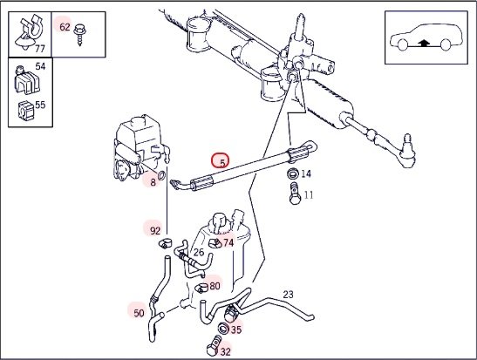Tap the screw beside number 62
[x=80, y=34]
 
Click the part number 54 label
[x=40, y=66]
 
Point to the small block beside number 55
[x=25, y=111]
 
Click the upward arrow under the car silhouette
[x=424, y=43]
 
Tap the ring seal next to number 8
[x=162, y=175]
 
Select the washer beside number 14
[x=293, y=174]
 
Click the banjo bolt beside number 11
[x=295, y=194]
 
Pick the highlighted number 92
[x=155, y=231]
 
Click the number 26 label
[x=199, y=252]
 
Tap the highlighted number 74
[x=228, y=242]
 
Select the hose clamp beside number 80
[x=201, y=287]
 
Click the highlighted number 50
[x=139, y=313]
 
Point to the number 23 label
[x=288, y=295]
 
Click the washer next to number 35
[x=223, y=329]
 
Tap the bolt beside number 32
[x=213, y=346]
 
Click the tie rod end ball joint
[x=406, y=152]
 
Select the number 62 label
[x=65, y=27]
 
